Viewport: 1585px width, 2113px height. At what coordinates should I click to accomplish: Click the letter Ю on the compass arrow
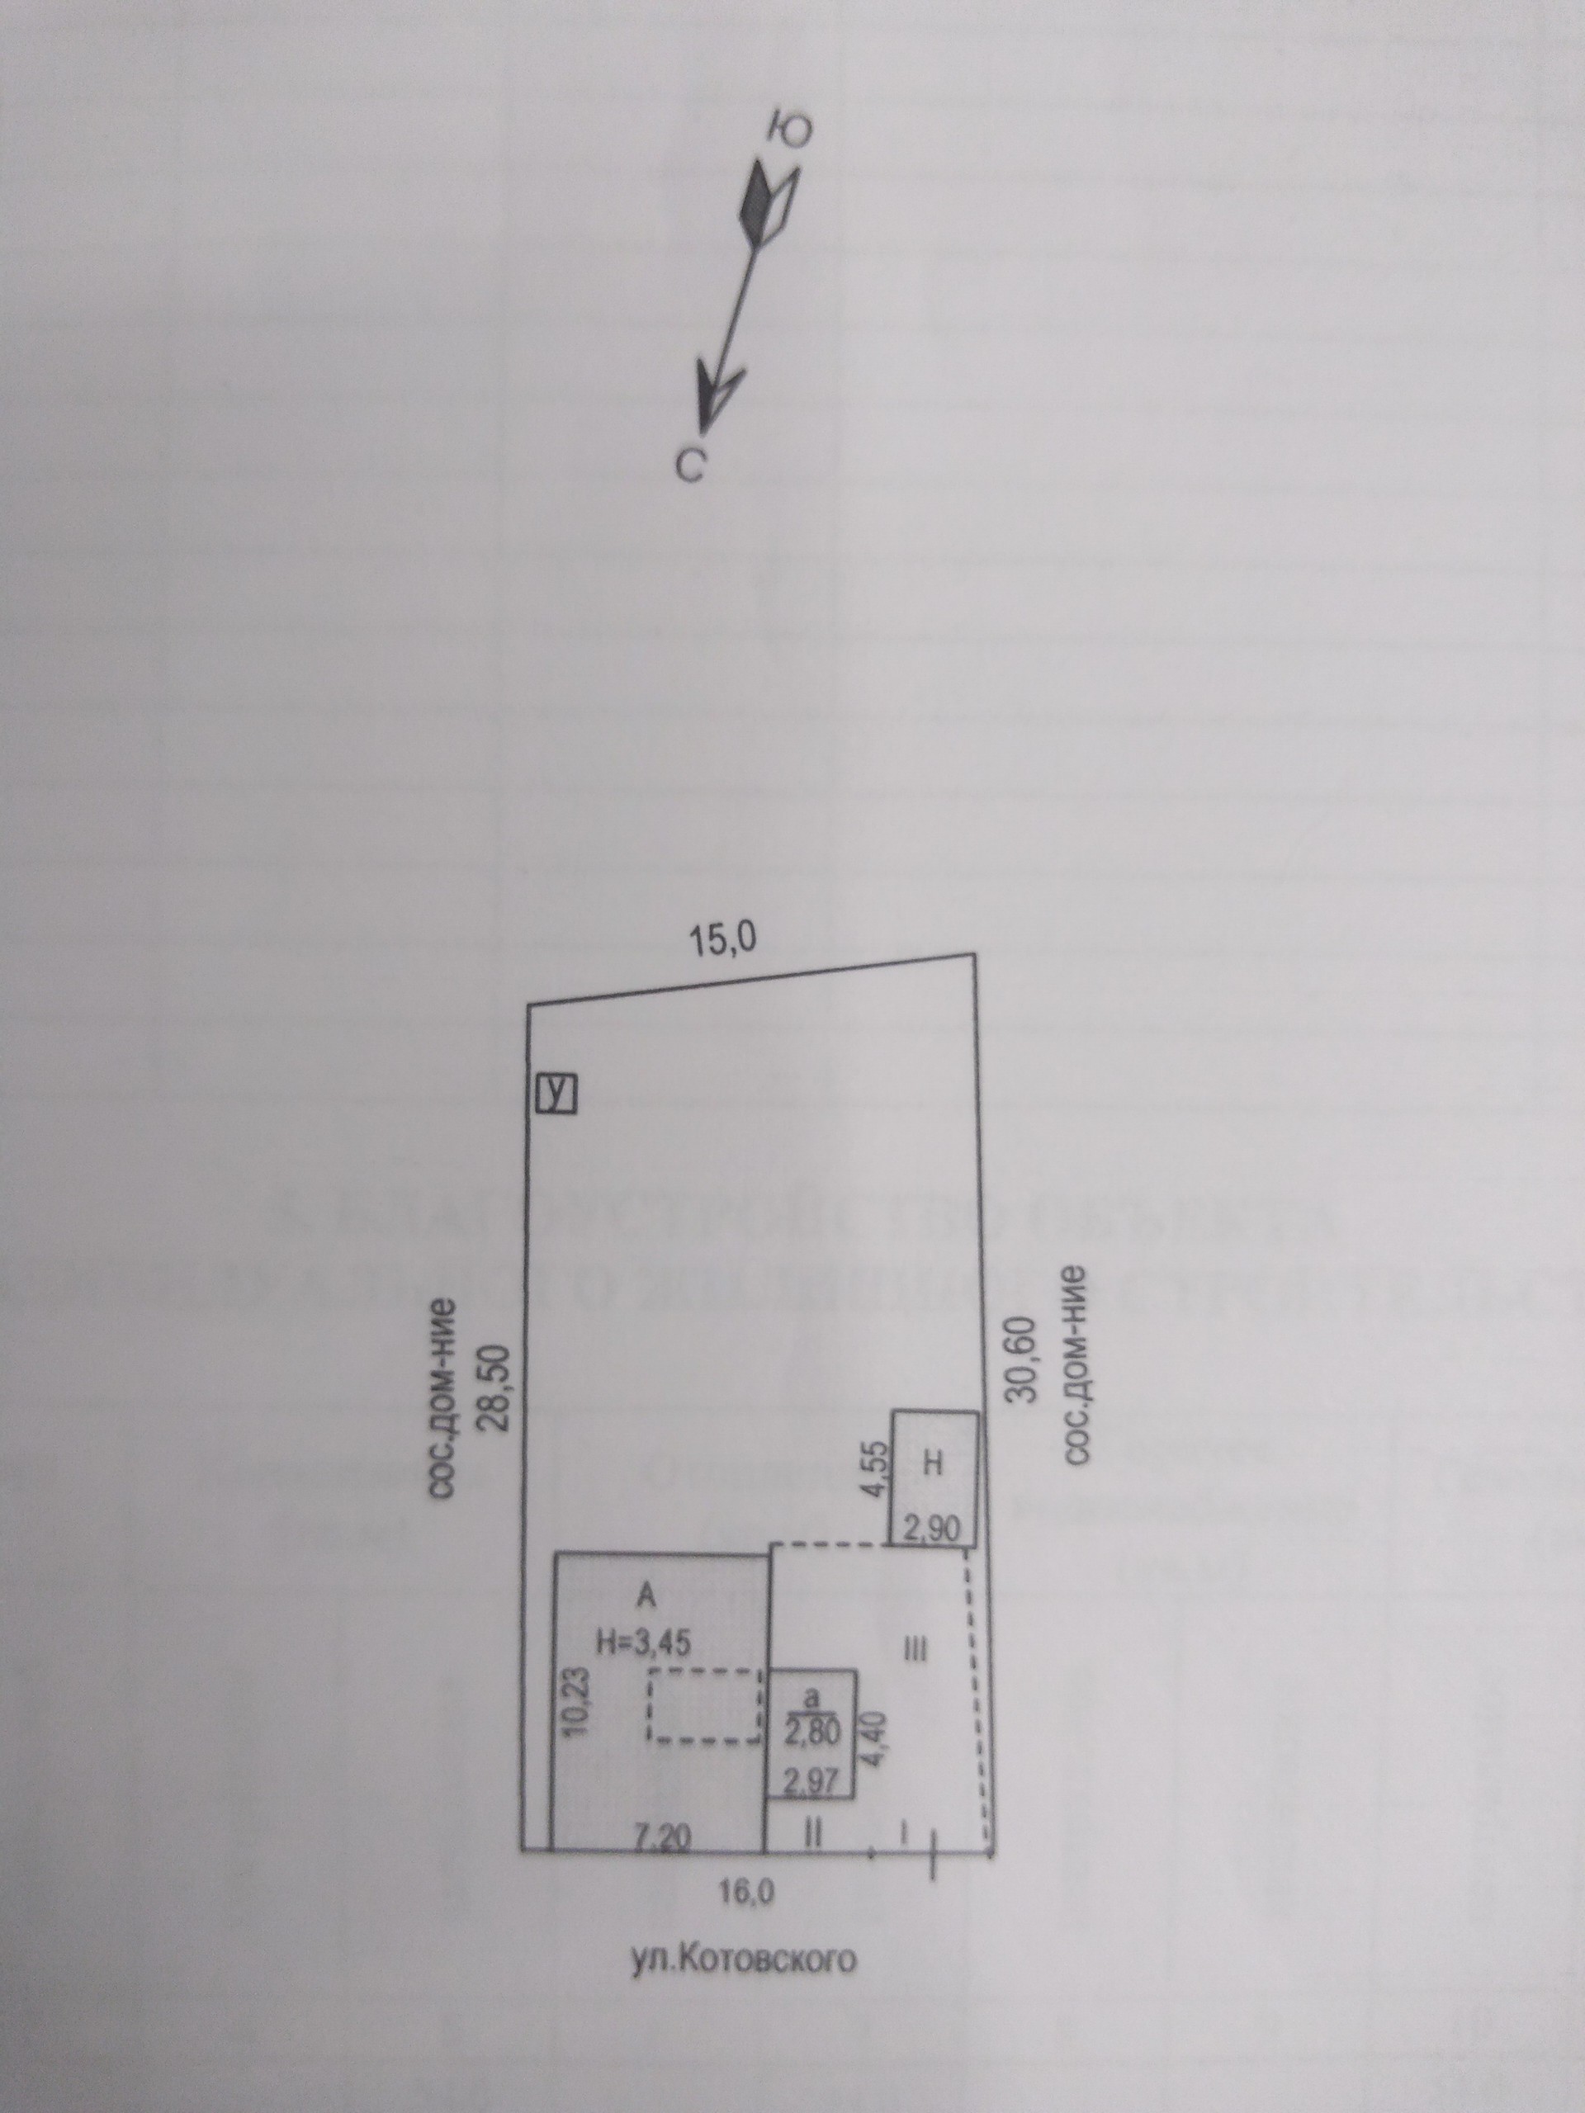point(790,132)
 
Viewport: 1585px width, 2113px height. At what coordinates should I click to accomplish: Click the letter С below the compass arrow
point(690,466)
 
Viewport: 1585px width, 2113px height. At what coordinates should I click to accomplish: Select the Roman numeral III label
point(915,1647)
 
